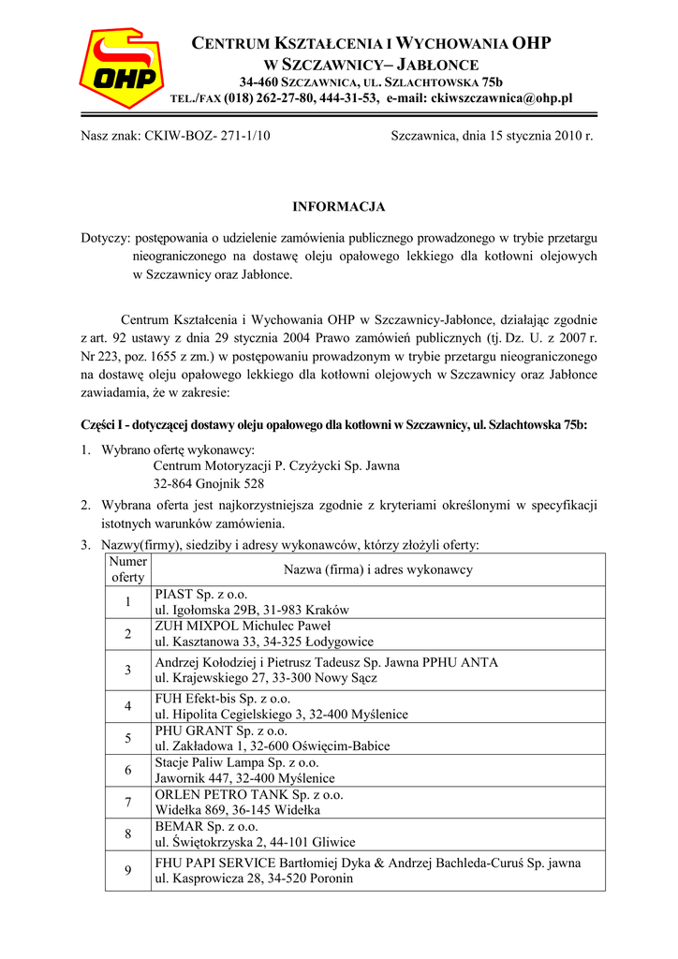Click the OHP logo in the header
point(121,69)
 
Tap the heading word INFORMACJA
point(339,206)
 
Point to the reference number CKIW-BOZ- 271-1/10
point(207,136)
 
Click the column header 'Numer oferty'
point(127,569)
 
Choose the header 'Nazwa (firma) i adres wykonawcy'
point(377,569)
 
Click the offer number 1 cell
point(127,601)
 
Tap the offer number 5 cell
point(127,738)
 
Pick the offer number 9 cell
point(127,871)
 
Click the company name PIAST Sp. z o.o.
point(201,594)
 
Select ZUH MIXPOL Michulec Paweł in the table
point(236,626)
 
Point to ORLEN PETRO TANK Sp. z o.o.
point(249,794)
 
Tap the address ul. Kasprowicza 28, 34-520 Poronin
point(254,879)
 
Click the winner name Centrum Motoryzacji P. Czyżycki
point(276,465)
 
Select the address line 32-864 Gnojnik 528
point(209,484)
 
